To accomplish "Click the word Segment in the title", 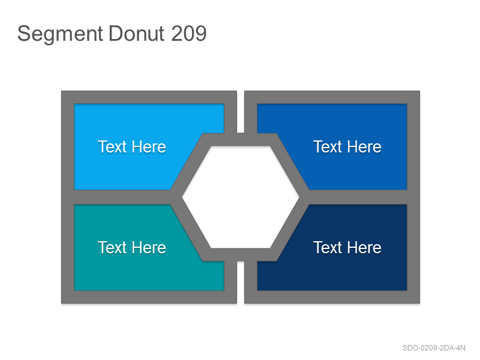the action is (x=60, y=34).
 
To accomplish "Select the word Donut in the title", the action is (x=137, y=34).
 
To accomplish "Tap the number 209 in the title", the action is (x=189, y=34).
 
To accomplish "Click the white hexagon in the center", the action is (x=241, y=197).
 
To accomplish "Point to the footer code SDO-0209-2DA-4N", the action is (x=434, y=348).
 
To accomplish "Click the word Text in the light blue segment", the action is (x=112, y=146).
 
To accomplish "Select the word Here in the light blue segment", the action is (x=149, y=146).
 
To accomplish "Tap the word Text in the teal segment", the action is (x=112, y=247).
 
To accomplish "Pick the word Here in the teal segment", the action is (x=149, y=247).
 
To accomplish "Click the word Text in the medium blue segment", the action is (x=328, y=146).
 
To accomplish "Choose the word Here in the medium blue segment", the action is (x=365, y=146).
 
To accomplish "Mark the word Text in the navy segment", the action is (x=328, y=247).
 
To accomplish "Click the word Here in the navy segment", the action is (x=365, y=247).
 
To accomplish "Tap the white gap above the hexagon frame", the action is (x=241, y=112).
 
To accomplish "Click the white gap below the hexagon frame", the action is (x=241, y=282).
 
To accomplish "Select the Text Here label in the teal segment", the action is (x=132, y=247).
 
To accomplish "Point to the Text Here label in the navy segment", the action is (x=347, y=247).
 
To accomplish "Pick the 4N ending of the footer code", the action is (x=461, y=348).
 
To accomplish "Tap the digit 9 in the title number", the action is (x=200, y=34).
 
